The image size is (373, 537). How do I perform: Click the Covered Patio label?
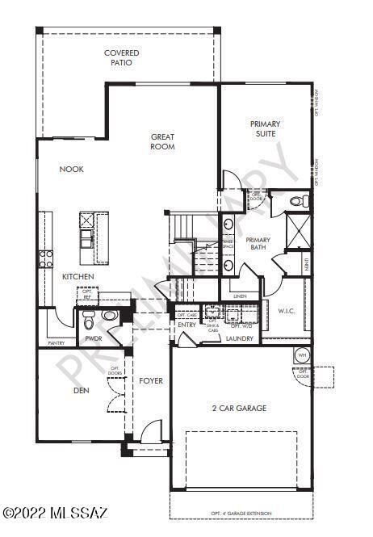click(x=122, y=57)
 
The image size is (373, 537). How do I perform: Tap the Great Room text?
click(x=163, y=141)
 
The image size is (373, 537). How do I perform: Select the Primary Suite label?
click(x=265, y=128)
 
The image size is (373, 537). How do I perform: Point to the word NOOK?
click(x=72, y=169)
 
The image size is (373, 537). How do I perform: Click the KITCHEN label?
click(x=78, y=277)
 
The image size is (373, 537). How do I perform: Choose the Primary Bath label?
click(x=258, y=244)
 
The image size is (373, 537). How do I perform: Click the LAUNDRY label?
click(x=240, y=338)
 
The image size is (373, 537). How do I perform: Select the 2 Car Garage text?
click(x=239, y=408)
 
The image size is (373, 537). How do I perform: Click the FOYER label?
click(x=151, y=380)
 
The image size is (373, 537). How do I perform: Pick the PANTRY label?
click(x=57, y=343)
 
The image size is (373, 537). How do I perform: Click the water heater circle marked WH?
click(x=302, y=355)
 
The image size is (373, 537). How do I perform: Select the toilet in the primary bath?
click(x=295, y=200)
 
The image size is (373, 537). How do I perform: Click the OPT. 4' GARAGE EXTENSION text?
click(x=241, y=514)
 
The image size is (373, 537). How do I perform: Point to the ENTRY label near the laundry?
click(x=186, y=325)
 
